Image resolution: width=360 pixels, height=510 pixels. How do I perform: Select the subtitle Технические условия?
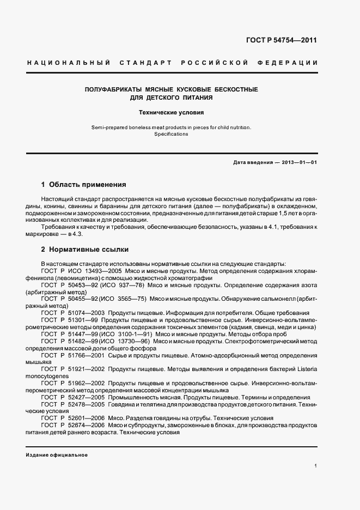pyautogui.click(x=171, y=113)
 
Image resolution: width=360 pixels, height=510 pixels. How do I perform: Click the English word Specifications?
pyautogui.click(x=170, y=134)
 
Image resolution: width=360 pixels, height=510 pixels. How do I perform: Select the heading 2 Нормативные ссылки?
pyautogui.click(x=84, y=250)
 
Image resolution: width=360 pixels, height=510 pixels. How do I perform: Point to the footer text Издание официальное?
pyautogui.click(x=56, y=455)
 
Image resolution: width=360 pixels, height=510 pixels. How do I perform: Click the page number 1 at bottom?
pyautogui.click(x=316, y=465)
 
